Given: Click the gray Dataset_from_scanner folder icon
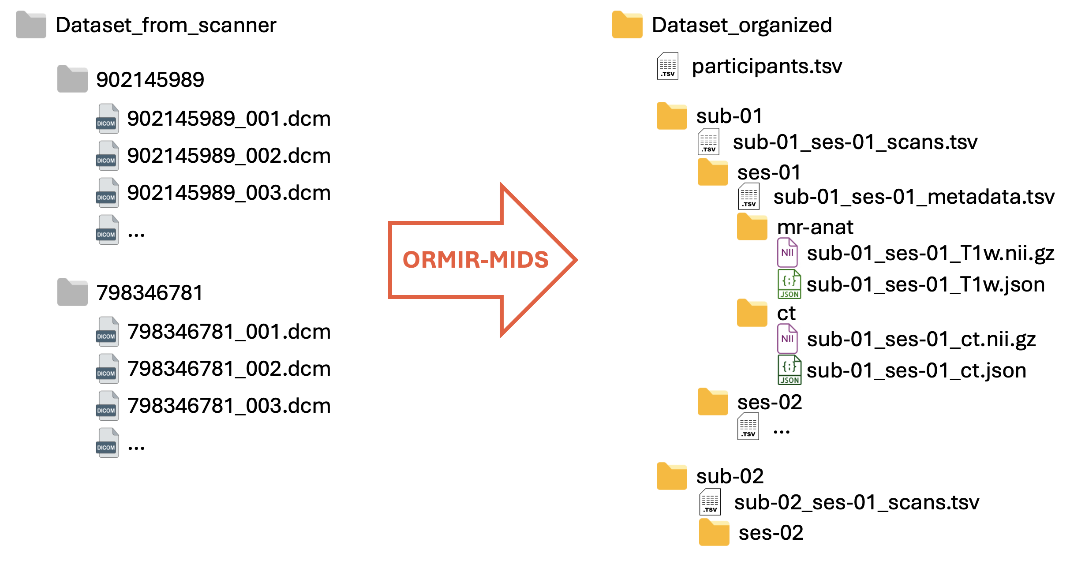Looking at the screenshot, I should (x=31, y=25).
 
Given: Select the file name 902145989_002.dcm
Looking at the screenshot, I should (x=228, y=156).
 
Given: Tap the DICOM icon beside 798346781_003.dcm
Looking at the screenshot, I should (x=107, y=405).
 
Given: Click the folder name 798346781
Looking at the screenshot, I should (x=150, y=293).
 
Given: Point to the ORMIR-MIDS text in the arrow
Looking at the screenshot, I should (x=475, y=259).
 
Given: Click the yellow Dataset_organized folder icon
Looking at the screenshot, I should (x=627, y=25).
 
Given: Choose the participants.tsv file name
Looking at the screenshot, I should (x=767, y=66).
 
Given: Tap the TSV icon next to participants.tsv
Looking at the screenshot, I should (x=668, y=66).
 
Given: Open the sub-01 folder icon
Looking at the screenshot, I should (x=671, y=116).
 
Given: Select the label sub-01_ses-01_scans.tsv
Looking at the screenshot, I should (x=855, y=142).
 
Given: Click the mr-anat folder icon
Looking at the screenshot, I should (x=752, y=227).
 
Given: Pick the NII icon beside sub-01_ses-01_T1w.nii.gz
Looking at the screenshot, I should (x=787, y=252).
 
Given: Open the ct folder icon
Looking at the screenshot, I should (x=752, y=313).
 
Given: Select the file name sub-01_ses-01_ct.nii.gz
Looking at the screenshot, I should (x=921, y=339).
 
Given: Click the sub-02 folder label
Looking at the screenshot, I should (x=730, y=476).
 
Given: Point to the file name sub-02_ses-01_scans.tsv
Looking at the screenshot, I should (x=856, y=503).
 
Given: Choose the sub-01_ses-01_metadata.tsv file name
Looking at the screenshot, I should (x=914, y=197).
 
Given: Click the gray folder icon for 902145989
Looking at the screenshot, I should (x=72, y=79).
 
